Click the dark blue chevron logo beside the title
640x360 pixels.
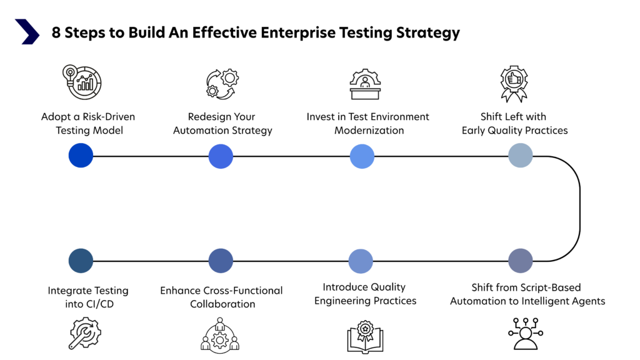click(27, 32)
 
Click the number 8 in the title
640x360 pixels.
click(56, 32)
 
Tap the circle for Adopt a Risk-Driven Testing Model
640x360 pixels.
click(81, 156)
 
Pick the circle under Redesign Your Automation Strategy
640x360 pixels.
click(221, 156)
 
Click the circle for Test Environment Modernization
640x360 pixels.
click(362, 156)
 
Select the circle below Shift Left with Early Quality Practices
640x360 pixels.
click(521, 156)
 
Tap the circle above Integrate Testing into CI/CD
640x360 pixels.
click(81, 261)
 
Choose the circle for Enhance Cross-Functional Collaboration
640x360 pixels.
click(221, 261)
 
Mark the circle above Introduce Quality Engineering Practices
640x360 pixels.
click(361, 261)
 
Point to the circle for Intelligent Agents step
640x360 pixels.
click(521, 261)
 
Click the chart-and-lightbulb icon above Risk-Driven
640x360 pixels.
click(82, 82)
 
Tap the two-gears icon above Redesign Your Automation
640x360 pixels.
click(222, 84)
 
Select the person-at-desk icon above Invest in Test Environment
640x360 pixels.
click(365, 84)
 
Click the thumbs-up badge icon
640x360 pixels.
click(514, 83)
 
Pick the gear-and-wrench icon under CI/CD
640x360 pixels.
click(84, 333)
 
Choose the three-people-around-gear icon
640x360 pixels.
click(220, 334)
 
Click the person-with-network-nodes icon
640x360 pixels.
click(526, 334)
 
